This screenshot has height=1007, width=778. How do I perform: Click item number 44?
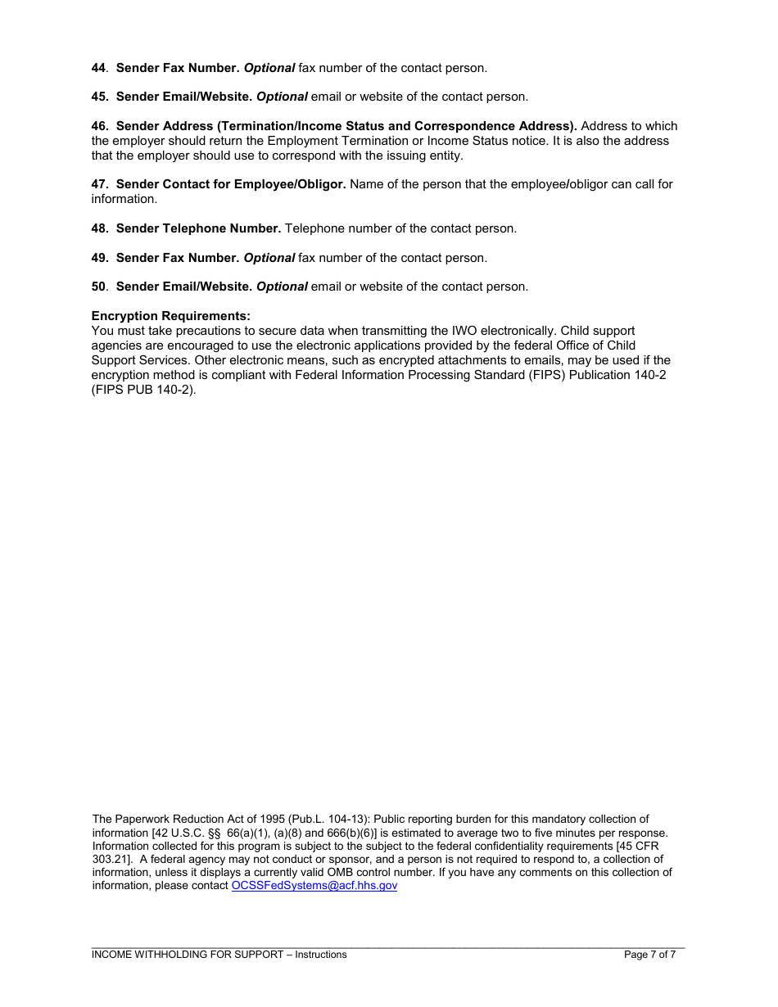[98, 68]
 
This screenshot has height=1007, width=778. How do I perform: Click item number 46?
[99, 126]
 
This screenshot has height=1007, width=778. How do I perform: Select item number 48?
[99, 228]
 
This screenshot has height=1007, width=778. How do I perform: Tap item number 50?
[98, 287]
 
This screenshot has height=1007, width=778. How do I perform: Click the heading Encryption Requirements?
[170, 316]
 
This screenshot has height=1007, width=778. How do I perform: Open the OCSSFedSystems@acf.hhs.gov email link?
[314, 886]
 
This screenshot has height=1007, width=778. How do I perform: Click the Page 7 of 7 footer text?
[649, 955]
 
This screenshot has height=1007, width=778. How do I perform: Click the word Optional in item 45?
[282, 97]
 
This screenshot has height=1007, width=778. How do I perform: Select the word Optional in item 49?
[269, 258]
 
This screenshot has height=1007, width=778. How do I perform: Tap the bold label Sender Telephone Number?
[198, 228]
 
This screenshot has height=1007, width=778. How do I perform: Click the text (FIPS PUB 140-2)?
[144, 390]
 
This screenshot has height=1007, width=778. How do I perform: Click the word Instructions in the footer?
[321, 955]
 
